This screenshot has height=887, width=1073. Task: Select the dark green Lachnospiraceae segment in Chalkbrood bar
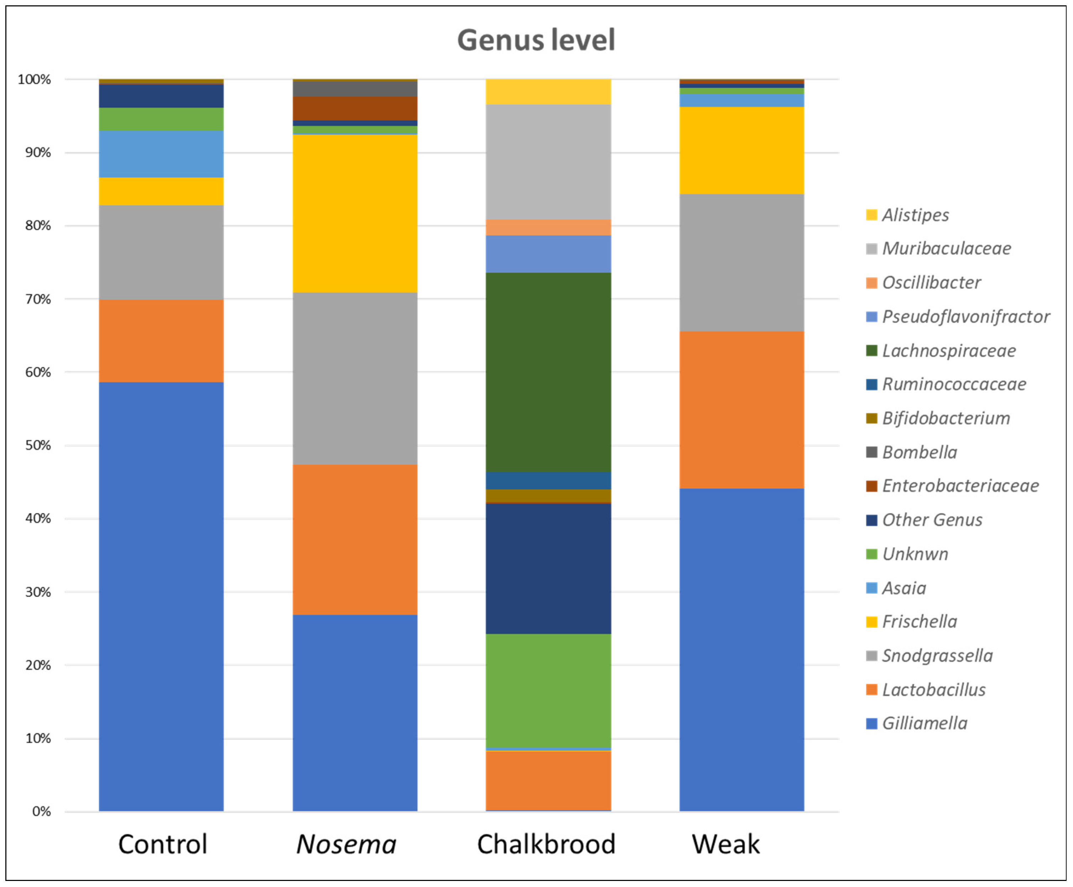coord(548,372)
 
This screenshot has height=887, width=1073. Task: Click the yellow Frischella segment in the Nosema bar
coord(355,213)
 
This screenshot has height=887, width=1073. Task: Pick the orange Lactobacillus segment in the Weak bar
coord(742,410)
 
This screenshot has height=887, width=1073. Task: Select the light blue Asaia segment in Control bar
coord(161,154)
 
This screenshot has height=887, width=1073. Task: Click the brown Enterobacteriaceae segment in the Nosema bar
coord(355,108)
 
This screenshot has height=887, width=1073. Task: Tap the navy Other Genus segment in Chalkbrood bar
coord(548,569)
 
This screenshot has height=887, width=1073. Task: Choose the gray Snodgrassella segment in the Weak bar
coord(742,263)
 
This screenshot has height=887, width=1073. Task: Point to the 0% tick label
coord(41,812)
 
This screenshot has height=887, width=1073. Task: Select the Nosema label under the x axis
coord(346,844)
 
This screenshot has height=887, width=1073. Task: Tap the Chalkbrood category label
coord(546,844)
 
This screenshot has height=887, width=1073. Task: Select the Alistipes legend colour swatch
coord(872,215)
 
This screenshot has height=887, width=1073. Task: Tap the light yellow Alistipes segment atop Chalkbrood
coord(548,92)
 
